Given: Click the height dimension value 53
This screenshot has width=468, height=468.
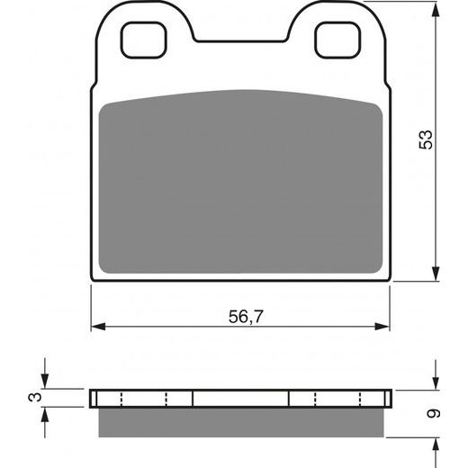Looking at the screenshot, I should [x=427, y=139].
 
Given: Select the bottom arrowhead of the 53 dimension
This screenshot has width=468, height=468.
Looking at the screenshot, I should [x=436, y=276].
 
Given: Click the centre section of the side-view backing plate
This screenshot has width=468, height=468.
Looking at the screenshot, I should [x=241, y=399].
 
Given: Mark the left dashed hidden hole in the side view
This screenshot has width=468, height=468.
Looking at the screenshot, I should [x=144, y=399].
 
